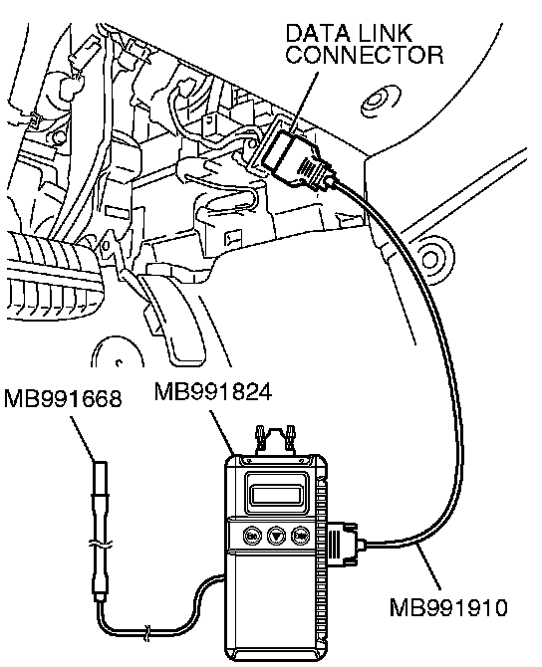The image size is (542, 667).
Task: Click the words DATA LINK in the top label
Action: [x=349, y=33]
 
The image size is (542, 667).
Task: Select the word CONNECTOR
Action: [x=365, y=55]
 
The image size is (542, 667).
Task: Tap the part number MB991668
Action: [x=63, y=399]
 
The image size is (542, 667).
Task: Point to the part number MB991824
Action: [x=213, y=392]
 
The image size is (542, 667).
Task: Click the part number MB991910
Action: [x=448, y=607]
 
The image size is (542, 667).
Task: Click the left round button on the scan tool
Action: [x=252, y=536]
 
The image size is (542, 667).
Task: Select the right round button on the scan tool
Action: [x=300, y=536]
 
